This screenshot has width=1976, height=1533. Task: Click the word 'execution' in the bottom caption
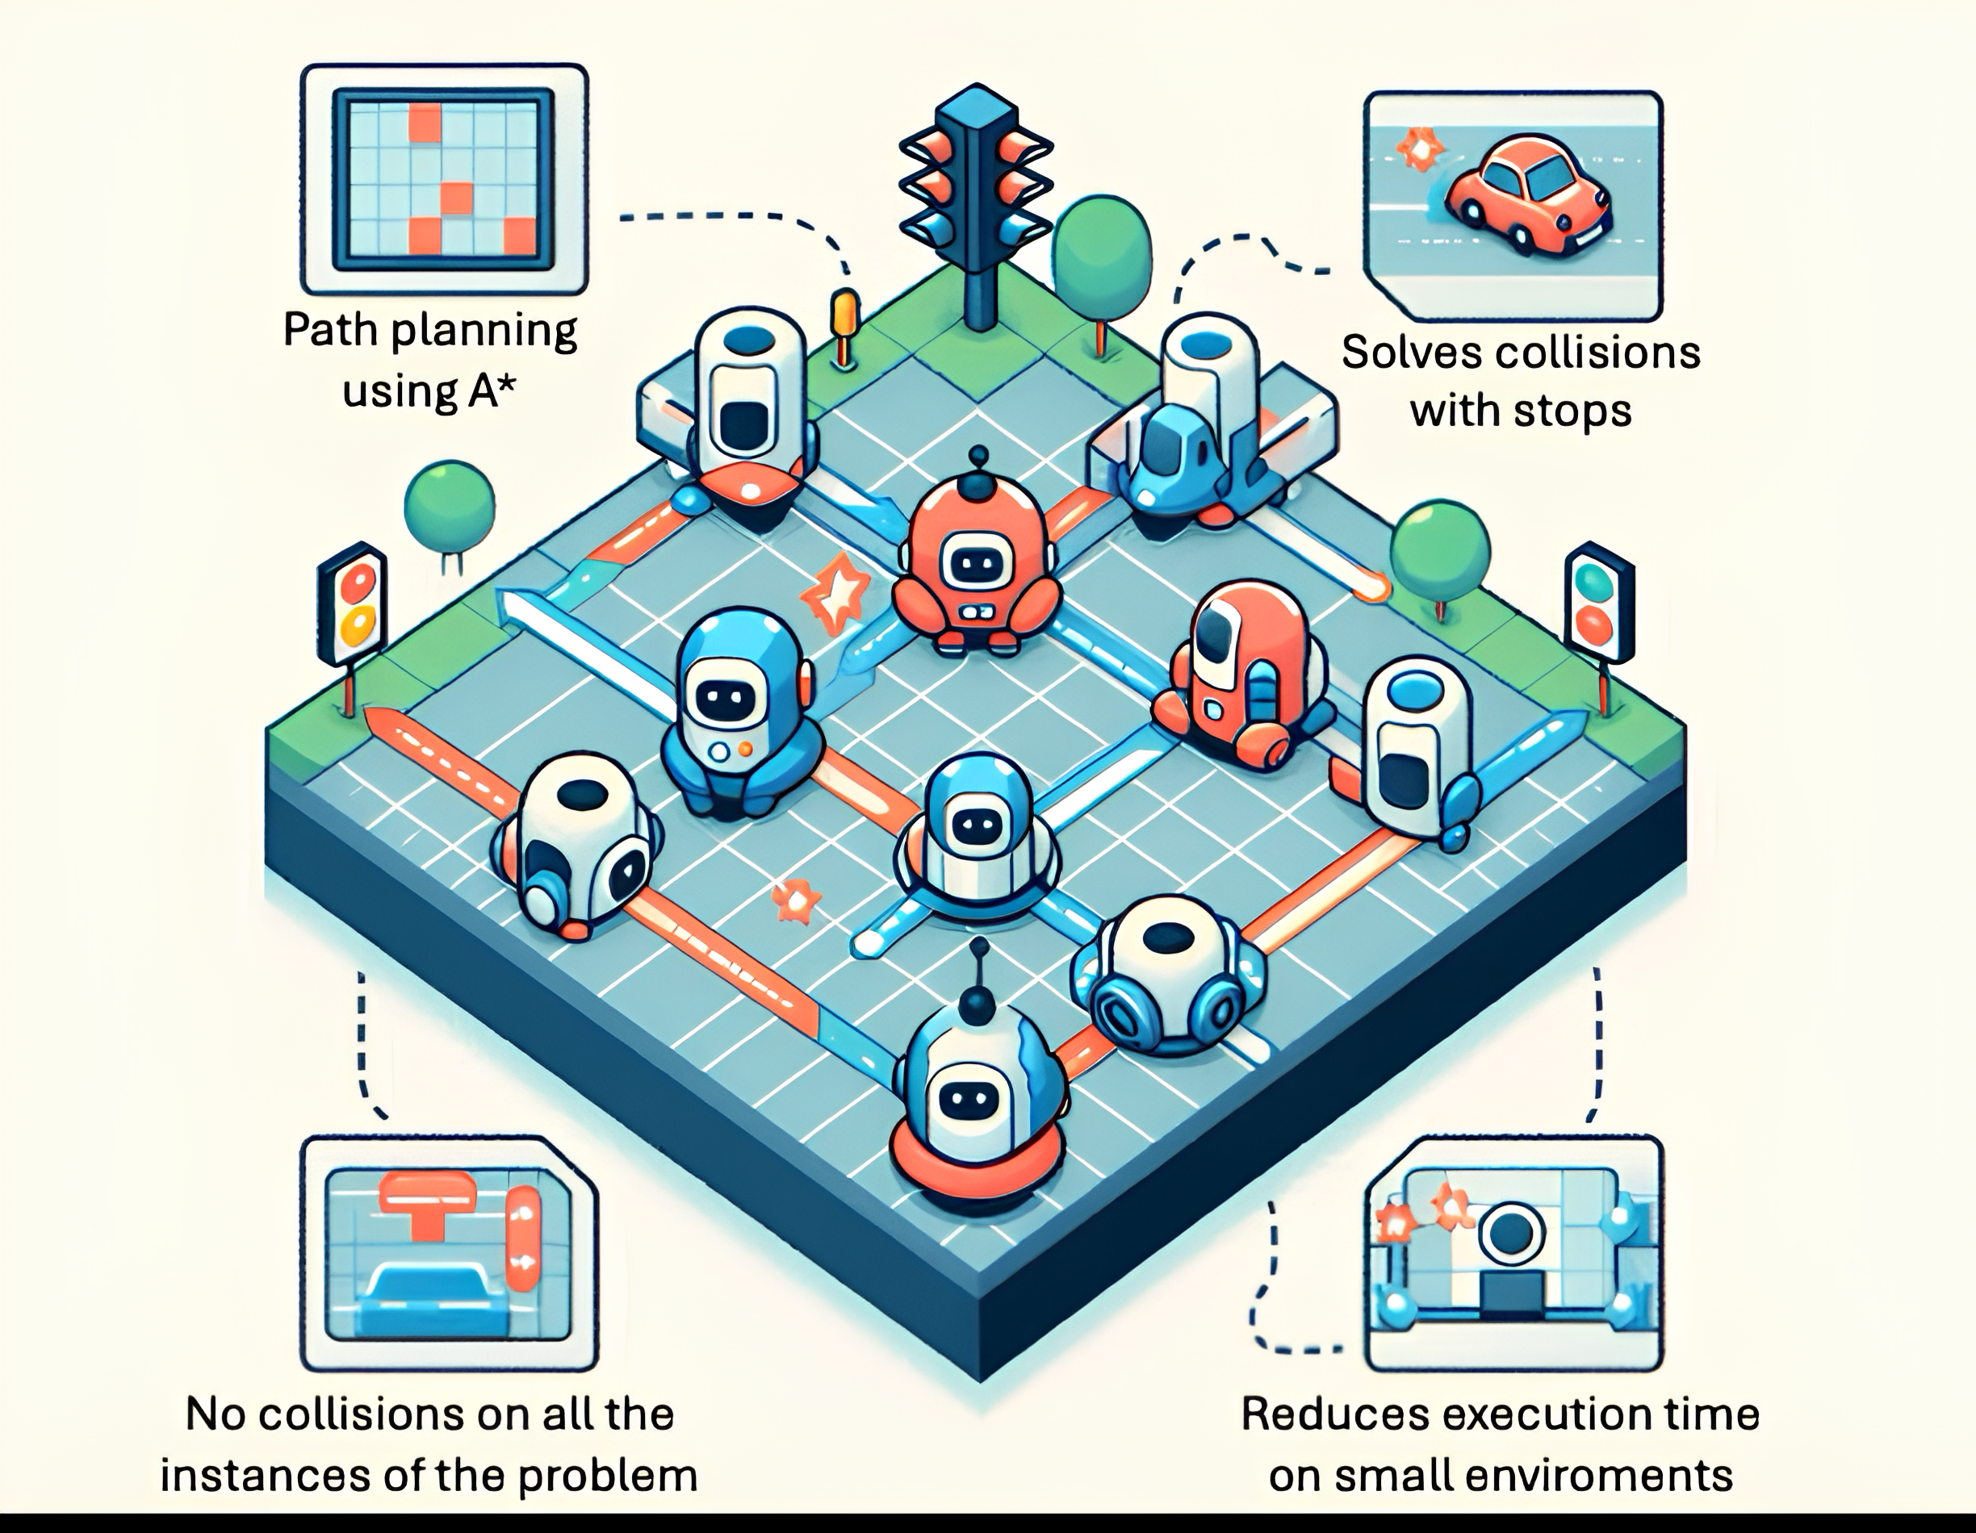point(1521,1413)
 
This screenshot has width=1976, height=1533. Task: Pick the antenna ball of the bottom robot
point(976,1003)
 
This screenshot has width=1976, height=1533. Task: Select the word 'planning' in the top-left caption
point(485,332)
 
